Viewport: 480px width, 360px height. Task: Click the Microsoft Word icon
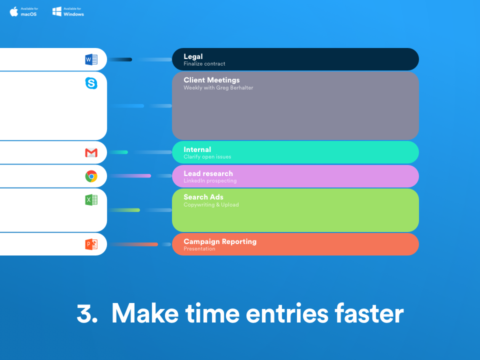91,60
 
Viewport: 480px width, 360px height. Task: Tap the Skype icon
91,83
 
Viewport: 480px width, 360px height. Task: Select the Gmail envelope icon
91,152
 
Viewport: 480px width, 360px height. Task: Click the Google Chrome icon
91,176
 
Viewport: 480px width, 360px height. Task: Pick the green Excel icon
91,200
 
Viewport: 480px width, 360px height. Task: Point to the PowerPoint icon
91,244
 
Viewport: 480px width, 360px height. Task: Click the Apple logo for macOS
14,11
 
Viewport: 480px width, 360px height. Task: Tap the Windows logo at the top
57,11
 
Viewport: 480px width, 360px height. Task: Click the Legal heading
193,56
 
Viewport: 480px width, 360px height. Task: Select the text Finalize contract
204,64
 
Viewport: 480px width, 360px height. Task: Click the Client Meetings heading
211,80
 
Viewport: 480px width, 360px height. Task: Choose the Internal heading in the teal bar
197,149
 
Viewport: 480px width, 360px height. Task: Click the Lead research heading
208,173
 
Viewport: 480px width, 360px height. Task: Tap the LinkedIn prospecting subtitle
210,180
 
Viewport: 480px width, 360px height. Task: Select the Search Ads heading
203,197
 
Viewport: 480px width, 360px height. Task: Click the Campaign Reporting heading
220,241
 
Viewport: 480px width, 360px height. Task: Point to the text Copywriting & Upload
211,204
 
